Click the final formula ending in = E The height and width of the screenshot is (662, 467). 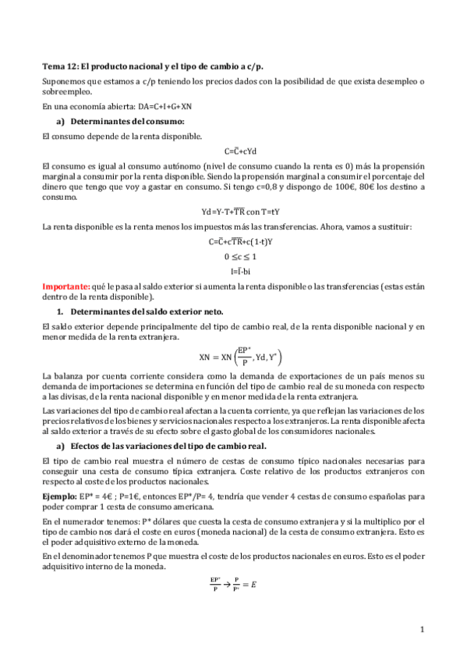pyautogui.click(x=233, y=582)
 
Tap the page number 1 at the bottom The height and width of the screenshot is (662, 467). pyautogui.click(x=422, y=628)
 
